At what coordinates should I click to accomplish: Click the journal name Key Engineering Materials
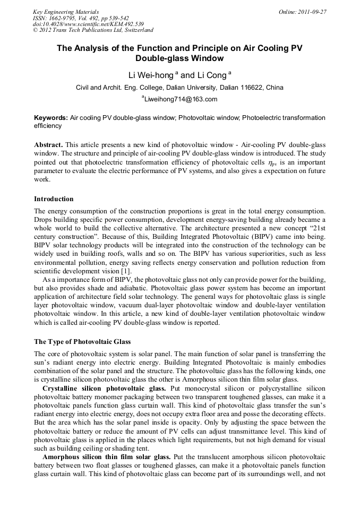[65, 12]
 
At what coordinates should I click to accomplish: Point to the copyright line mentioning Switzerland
[93, 31]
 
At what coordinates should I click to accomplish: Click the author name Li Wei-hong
[151, 75]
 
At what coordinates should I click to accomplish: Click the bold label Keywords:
[51, 118]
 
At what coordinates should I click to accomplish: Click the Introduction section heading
[54, 199]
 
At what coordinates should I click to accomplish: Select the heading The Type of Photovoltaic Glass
[82, 341]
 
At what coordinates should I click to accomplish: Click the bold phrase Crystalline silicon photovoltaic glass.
[104, 389]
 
